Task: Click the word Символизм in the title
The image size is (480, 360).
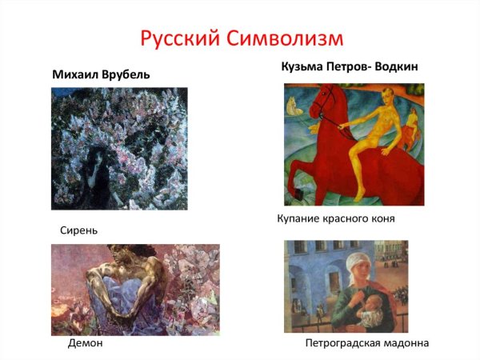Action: pyautogui.click(x=286, y=37)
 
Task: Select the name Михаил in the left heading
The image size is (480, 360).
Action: pyautogui.click(x=77, y=74)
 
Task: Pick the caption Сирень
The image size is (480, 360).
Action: pyautogui.click(x=78, y=230)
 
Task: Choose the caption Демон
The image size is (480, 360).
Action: pyautogui.click(x=86, y=343)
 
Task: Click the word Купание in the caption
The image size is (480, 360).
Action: pyautogui.click(x=300, y=218)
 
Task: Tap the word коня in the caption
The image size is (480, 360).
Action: pyautogui.click(x=382, y=218)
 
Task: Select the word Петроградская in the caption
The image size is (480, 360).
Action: pyautogui.click(x=341, y=343)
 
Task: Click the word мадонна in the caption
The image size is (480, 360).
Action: pyautogui.click(x=403, y=343)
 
